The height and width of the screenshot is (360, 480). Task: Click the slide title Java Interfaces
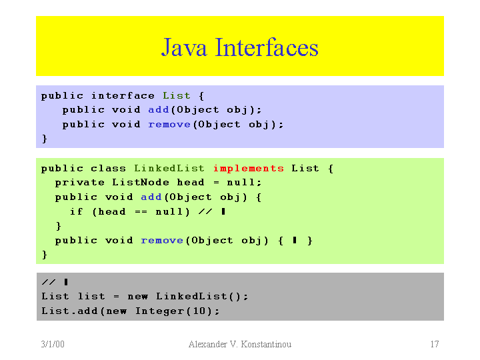point(239,48)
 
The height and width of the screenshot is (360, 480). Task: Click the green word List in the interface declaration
point(177,95)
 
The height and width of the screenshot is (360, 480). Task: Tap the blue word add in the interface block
point(159,110)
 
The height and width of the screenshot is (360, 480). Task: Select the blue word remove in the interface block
point(169,125)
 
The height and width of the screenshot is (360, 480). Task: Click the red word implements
point(248,168)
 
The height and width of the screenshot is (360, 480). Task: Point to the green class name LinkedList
point(169,168)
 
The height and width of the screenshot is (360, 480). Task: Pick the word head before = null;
point(191,182)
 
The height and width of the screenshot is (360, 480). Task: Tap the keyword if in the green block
point(77,211)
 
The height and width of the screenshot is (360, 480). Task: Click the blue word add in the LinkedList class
point(151,197)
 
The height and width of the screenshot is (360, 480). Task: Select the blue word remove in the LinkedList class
point(162,241)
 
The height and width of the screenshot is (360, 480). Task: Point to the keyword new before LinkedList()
point(137,296)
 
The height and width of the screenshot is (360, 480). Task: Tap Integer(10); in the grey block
point(177,311)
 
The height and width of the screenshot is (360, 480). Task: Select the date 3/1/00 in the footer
point(52,344)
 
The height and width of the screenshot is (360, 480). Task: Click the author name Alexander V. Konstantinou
point(240,344)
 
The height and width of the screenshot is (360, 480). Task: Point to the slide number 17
point(434,344)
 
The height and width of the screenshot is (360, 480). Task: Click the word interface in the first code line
point(123,95)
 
